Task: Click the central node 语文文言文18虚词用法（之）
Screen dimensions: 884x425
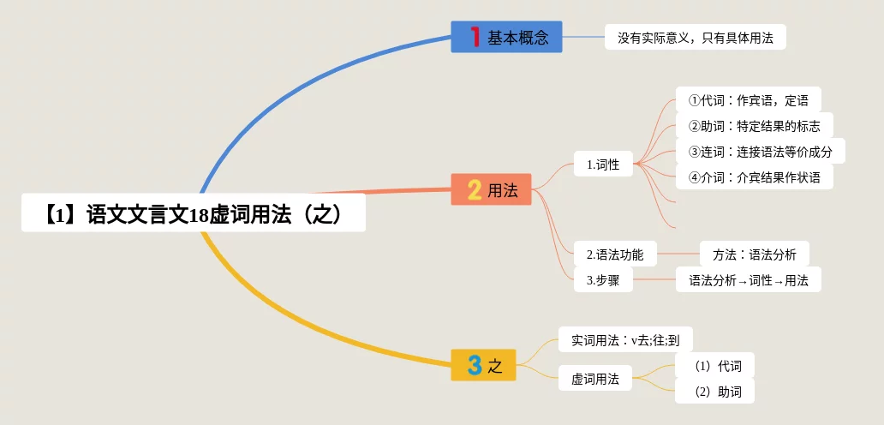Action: [x=194, y=212]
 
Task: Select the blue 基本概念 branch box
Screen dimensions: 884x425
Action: [x=506, y=37]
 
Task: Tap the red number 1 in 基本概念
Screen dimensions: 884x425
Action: [x=475, y=37]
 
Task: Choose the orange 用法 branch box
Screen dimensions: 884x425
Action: [x=491, y=189]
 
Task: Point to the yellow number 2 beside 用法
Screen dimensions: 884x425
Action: [x=474, y=189]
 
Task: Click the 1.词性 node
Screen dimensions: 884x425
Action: [x=603, y=163]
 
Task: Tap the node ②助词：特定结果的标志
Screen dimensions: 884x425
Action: [x=754, y=125]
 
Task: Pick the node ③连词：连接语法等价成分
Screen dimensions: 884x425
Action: [x=766, y=152]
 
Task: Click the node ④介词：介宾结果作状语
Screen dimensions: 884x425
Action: [x=754, y=177]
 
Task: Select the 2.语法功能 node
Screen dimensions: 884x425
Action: [x=614, y=254]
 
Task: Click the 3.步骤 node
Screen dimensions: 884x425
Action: [x=603, y=279]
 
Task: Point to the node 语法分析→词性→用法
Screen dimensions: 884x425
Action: [x=748, y=279]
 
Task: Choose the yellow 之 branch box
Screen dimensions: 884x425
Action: [x=484, y=366]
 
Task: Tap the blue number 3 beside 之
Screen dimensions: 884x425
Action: [x=474, y=366]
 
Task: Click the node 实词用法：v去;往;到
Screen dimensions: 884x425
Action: [x=625, y=339]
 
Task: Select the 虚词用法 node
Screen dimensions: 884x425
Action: [x=595, y=378]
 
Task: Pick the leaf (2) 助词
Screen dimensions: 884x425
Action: [x=718, y=392]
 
